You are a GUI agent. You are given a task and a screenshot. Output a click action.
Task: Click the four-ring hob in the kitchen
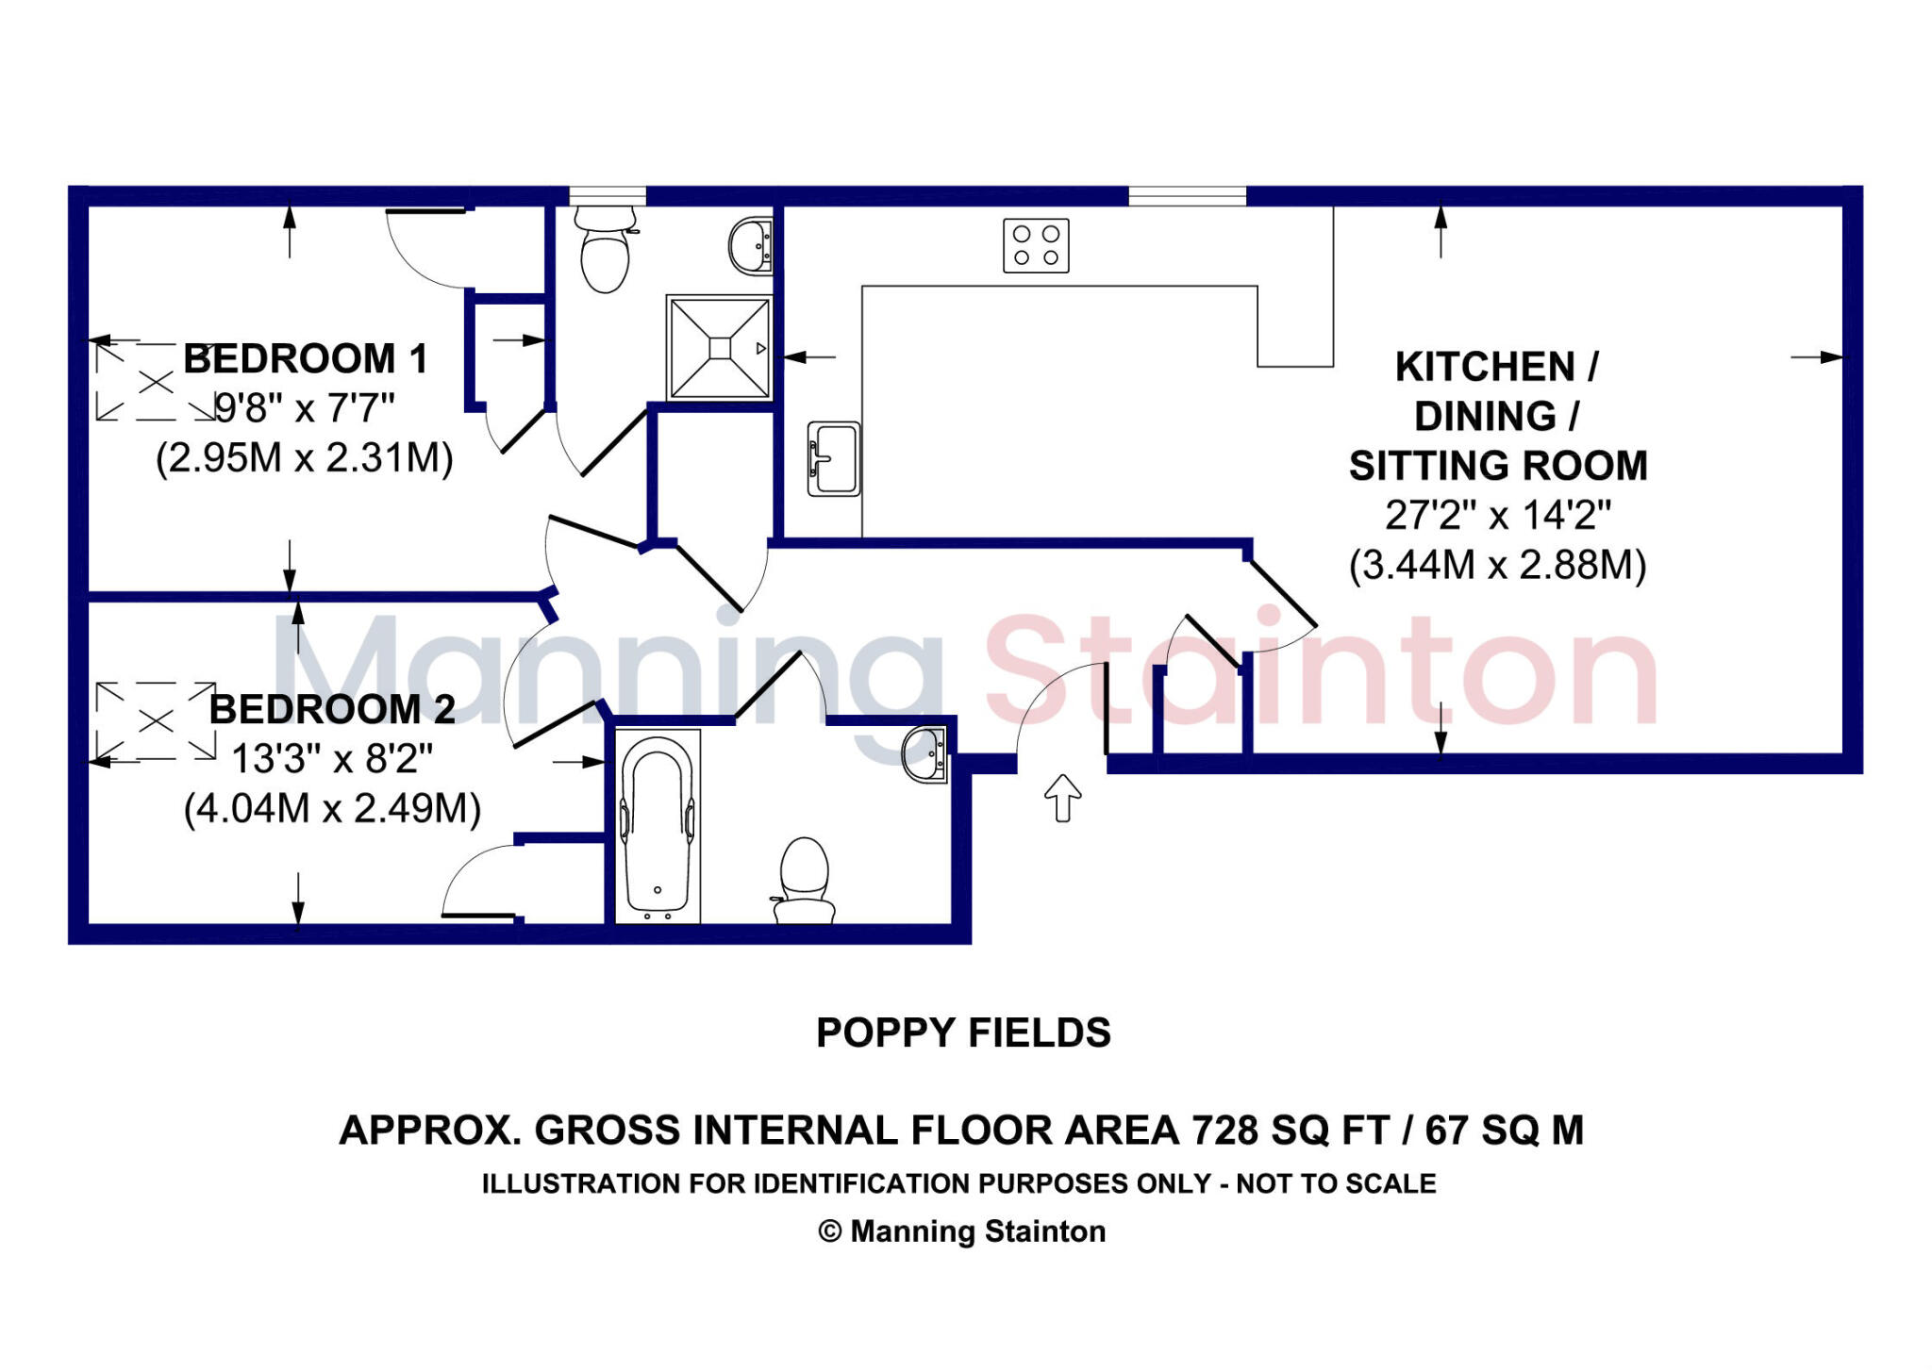[x=1036, y=245]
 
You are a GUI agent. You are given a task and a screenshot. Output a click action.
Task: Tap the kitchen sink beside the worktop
[x=834, y=458]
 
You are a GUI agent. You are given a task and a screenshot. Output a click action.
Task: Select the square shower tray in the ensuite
[x=720, y=348]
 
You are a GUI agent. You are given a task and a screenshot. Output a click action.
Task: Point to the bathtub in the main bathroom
[x=658, y=824]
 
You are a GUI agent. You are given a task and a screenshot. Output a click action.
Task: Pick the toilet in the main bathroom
[x=804, y=881]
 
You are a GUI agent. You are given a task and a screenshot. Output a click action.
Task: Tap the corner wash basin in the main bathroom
[x=926, y=753]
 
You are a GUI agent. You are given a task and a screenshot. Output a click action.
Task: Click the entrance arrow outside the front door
[x=1062, y=798]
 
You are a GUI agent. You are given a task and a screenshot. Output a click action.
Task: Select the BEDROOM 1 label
[x=306, y=359]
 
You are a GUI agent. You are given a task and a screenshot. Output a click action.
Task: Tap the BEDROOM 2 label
[x=332, y=709]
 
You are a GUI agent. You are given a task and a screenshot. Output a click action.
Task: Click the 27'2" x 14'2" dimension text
[x=1497, y=516]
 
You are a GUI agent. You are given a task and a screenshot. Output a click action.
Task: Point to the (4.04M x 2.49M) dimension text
[x=332, y=809]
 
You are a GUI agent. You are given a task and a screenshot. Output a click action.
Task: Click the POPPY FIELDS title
[x=963, y=1032]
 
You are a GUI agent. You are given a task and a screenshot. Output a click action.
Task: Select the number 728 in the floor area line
[x=1224, y=1130]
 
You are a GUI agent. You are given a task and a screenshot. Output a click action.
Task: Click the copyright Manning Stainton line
[x=961, y=1231]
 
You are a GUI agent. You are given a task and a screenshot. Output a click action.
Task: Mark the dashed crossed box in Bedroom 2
[x=156, y=721]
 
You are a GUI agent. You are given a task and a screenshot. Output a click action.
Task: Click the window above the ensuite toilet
[x=608, y=196]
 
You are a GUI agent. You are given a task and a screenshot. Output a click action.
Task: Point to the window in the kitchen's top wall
[x=1187, y=196]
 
